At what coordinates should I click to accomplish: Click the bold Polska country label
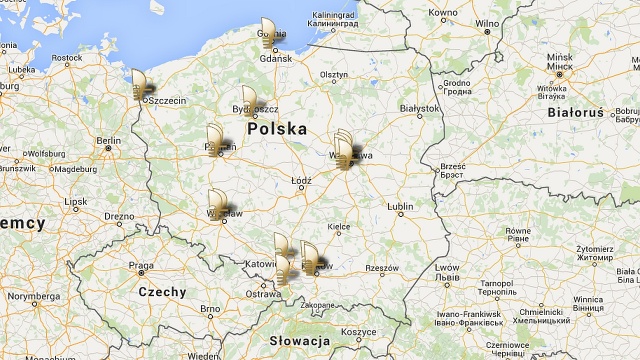coord(277,129)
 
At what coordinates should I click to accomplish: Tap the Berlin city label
coord(109,140)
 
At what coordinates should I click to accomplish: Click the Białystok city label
coord(419,108)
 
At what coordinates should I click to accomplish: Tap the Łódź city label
coord(300,182)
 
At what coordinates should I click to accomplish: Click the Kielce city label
coord(339,227)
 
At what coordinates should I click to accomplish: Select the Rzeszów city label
coord(381,268)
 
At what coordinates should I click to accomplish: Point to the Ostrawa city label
coord(264,294)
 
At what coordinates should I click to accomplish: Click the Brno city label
coord(209,309)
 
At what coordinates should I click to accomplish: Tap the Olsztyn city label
coord(334,75)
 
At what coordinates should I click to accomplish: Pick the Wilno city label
coord(487,22)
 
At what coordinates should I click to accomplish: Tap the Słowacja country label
coord(299,341)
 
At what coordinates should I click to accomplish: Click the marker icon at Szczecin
coord(140,85)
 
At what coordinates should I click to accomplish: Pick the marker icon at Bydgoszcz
coord(250,101)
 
